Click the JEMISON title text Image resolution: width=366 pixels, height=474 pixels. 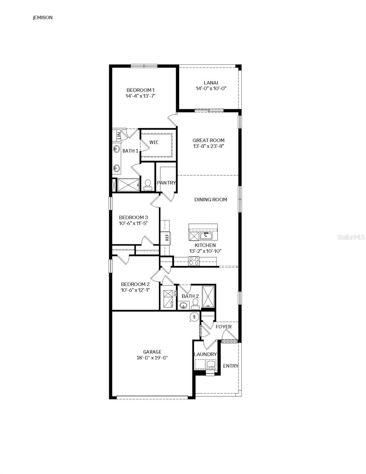[x=43, y=18]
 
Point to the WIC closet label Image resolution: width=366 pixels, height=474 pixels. [x=154, y=142]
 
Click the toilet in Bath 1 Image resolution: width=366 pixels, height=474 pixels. [x=148, y=184]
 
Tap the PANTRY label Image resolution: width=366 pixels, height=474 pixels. [x=166, y=183]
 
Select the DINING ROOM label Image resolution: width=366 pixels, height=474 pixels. [x=210, y=199]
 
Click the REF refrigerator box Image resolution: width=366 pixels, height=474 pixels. [x=167, y=237]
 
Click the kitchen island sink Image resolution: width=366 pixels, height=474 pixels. [x=206, y=236]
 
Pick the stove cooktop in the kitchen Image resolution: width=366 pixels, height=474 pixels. [x=193, y=261]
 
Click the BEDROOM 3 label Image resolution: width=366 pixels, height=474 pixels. [x=133, y=217]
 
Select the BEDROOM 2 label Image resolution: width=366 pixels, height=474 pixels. [x=135, y=284]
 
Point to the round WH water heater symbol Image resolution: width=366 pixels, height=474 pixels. [x=194, y=317]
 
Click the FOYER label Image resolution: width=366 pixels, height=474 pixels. [x=223, y=327]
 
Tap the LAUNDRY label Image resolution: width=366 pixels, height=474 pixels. [x=205, y=354]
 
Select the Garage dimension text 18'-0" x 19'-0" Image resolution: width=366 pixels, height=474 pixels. [x=152, y=358]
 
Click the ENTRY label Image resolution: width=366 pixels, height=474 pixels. [x=231, y=366]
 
